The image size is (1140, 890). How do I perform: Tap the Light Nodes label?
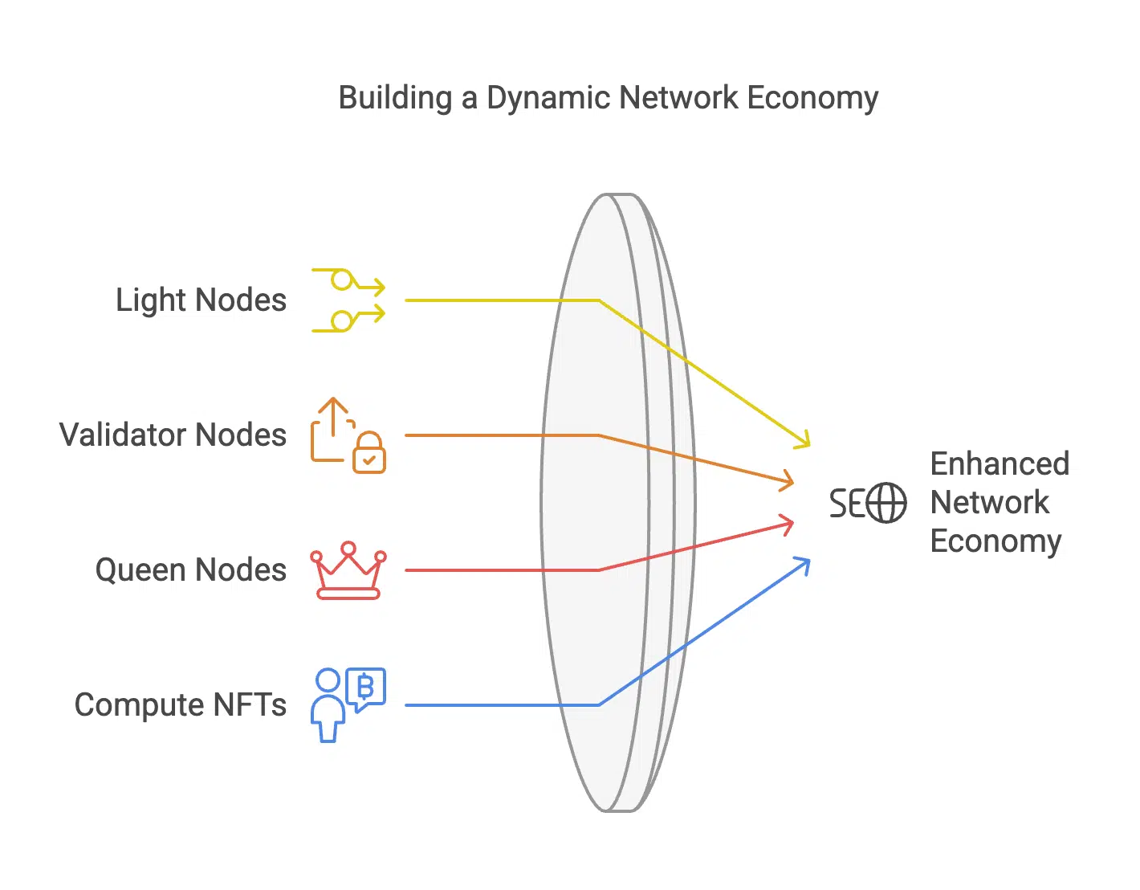201,300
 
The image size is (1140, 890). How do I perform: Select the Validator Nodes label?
173,435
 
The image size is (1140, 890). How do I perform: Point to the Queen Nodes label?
190,570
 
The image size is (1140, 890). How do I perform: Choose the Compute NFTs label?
180,704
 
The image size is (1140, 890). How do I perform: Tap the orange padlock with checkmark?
369,454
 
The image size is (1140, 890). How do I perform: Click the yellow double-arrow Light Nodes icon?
348,300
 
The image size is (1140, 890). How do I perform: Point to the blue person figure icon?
328,705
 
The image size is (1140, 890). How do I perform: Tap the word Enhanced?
1000,463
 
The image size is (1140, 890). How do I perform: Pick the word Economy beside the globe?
995,541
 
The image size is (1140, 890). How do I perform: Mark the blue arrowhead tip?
808,561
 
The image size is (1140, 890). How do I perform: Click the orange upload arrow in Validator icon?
333,414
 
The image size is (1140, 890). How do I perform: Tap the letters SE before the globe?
847,504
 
